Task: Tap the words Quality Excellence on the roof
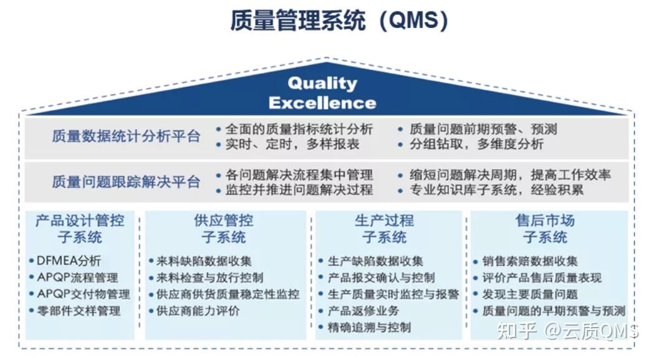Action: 322,92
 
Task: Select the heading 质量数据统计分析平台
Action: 126,137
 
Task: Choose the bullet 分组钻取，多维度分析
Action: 476,144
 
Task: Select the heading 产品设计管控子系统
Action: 80,229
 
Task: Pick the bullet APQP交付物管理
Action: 83,294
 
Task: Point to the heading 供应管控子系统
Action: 224,229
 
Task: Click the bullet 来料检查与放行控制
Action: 209,278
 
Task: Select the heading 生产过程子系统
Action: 384,229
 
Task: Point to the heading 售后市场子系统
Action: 545,229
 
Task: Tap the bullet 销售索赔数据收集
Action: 529,261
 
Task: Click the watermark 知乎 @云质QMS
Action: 567,331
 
